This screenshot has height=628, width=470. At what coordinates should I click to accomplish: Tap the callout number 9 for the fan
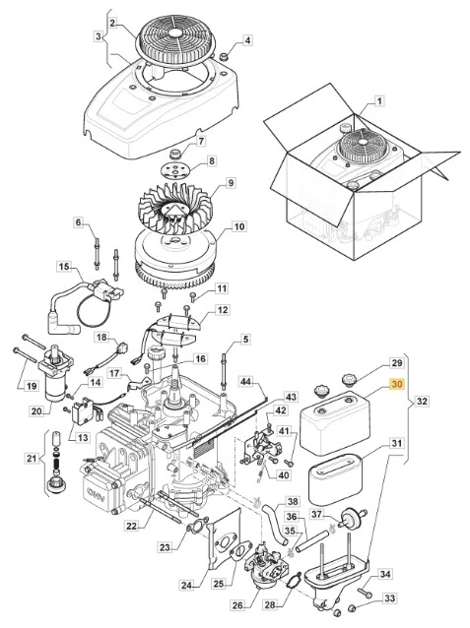point(230,182)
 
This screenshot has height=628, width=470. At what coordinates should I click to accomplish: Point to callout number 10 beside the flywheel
point(237,227)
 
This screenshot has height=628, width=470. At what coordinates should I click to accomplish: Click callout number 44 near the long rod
point(246,380)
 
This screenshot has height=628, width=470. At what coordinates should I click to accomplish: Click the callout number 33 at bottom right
point(387,597)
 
